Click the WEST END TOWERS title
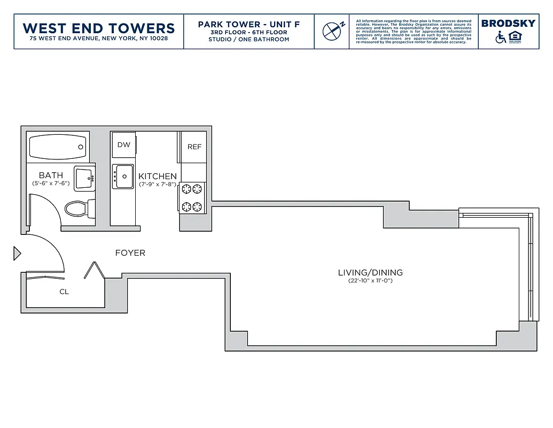coord(99,28)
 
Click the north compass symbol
coord(332,30)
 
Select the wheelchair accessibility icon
coord(501,37)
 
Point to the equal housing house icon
coord(515,37)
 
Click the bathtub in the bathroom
coord(57,146)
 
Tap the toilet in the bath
coord(78,208)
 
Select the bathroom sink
coord(84,178)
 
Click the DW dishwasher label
coord(123,145)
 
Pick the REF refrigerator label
coord(194,147)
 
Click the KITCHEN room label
coord(158,176)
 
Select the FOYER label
coord(130,253)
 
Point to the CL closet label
coord(64,292)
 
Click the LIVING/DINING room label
coord(370,272)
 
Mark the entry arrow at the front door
coord(17,253)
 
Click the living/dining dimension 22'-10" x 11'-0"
coord(370,281)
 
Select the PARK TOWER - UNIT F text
coord(248,25)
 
